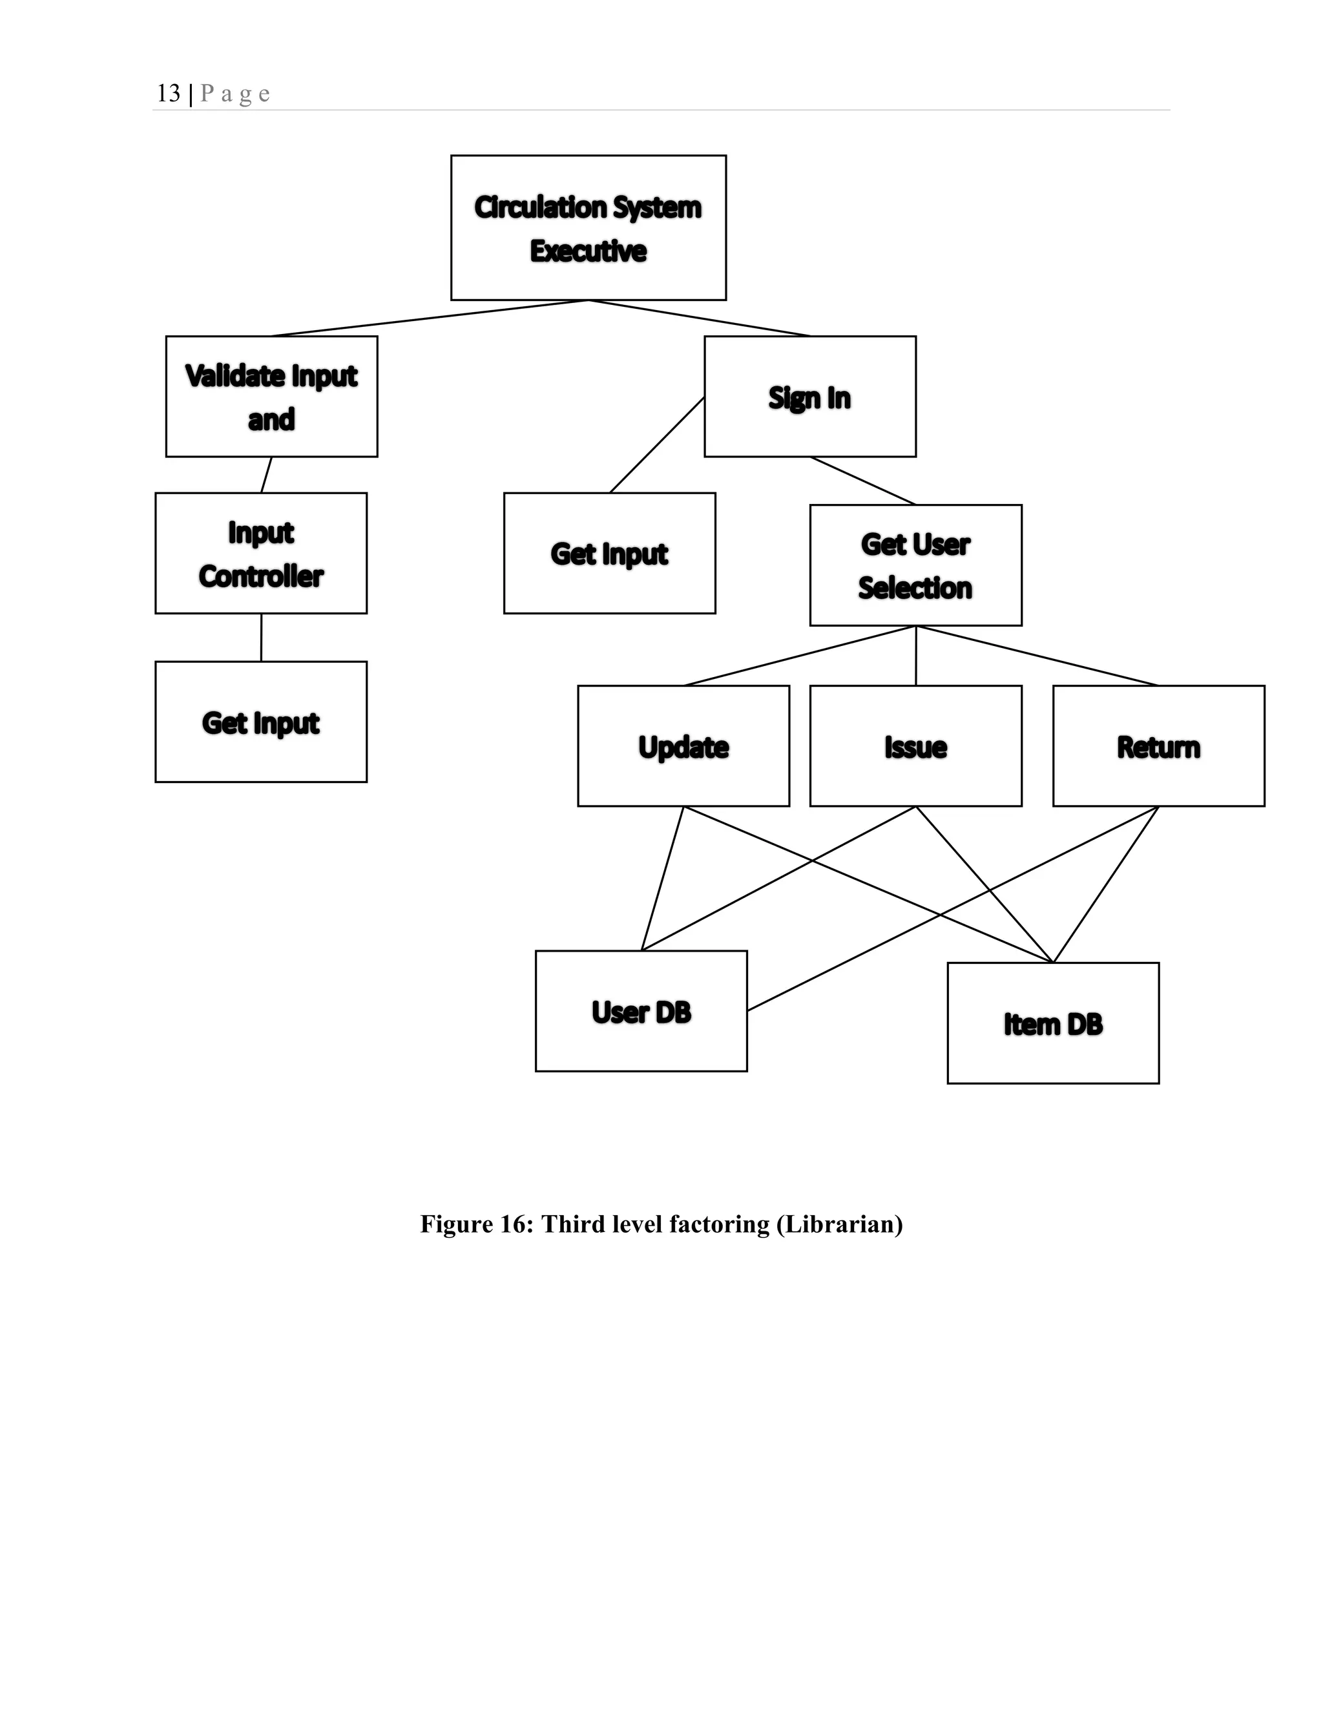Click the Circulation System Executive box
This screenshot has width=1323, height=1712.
coord(588,227)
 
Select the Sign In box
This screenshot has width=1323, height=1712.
coord(809,397)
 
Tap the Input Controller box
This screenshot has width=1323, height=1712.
coord(261,554)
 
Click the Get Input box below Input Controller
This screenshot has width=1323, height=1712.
coord(261,722)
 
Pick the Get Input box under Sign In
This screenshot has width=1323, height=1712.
coord(609,554)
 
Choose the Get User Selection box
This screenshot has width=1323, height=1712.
coord(915,565)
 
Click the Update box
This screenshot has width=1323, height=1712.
coord(683,746)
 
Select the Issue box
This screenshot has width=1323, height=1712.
coord(915,746)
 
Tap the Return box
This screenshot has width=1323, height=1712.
coord(1158,746)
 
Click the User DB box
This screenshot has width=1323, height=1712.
coord(641,1011)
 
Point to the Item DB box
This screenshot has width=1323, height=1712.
coord(1052,1023)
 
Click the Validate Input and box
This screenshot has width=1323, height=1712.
coord(271,397)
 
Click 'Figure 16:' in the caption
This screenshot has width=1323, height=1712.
coord(477,1224)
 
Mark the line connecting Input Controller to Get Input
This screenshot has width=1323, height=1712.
coord(261,637)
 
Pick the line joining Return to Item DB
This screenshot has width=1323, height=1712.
coord(1106,884)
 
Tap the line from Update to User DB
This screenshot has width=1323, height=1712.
coord(662,879)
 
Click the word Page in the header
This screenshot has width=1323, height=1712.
coord(235,94)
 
